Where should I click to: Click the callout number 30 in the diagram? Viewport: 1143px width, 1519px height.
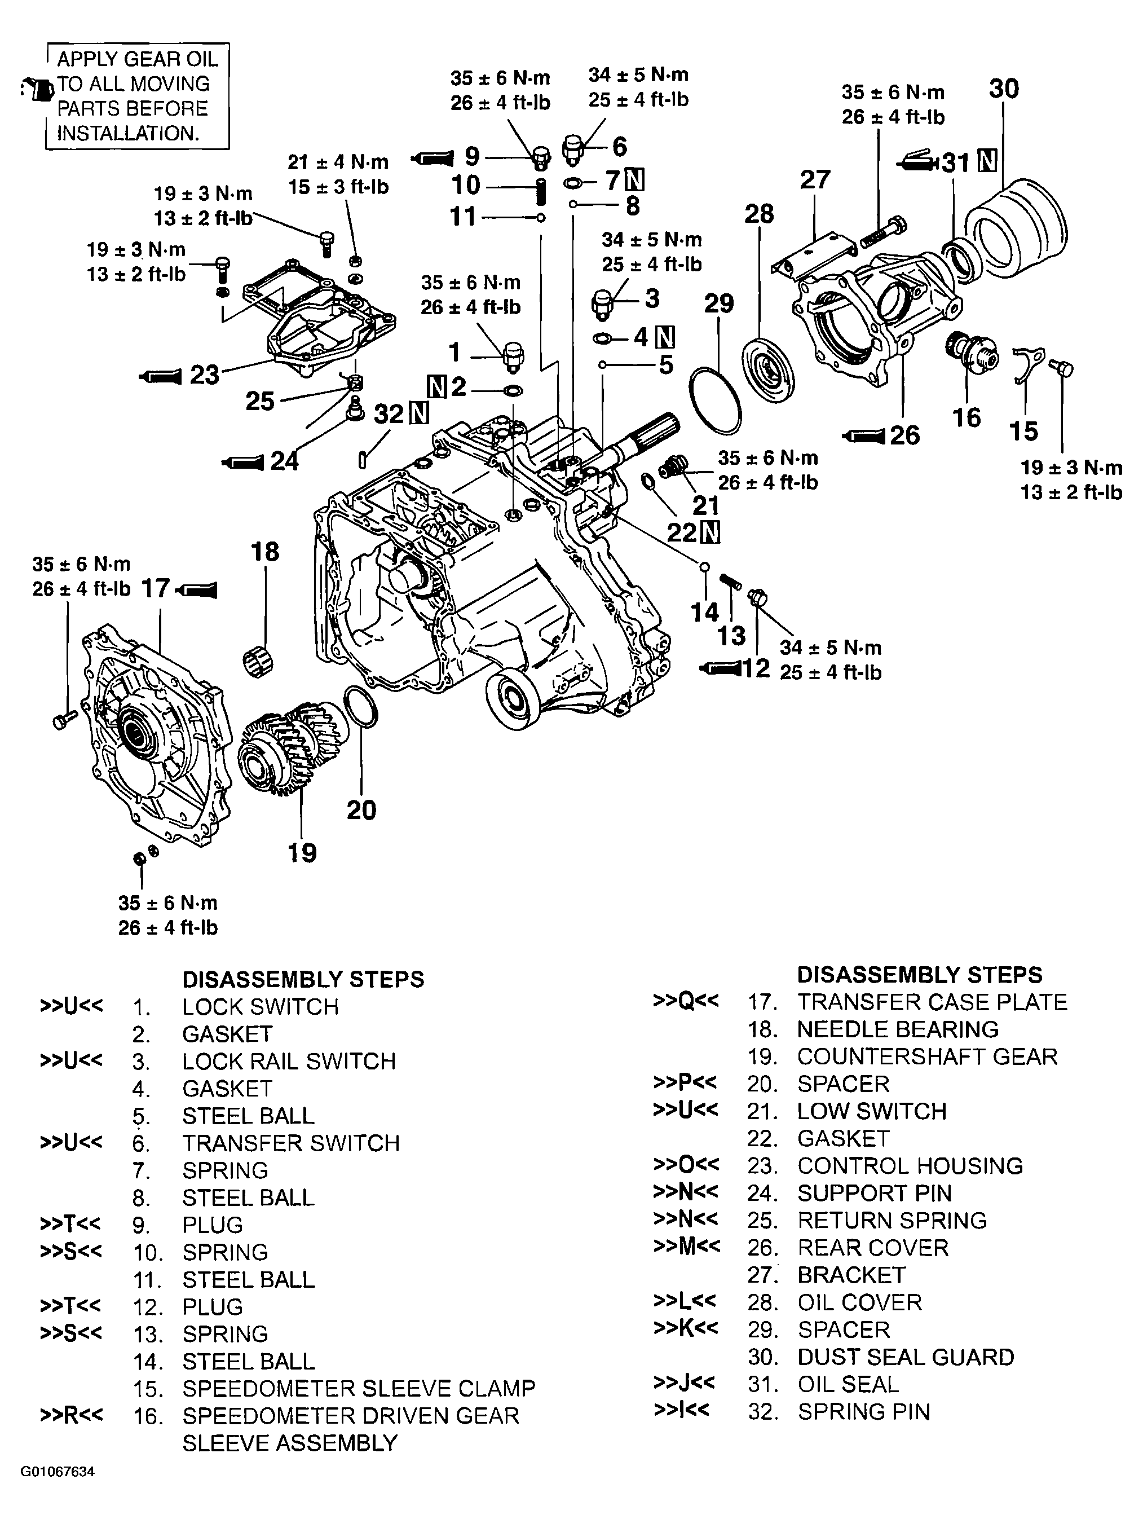(1004, 89)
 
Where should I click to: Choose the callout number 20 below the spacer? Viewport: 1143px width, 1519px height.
(361, 811)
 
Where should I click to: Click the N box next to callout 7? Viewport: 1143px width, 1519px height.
(637, 180)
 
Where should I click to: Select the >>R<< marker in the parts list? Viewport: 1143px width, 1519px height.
(72, 1415)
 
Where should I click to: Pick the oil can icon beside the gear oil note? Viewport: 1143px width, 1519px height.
(38, 89)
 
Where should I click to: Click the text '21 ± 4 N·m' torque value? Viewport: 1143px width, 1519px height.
(338, 162)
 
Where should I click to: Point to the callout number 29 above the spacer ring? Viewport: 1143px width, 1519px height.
(719, 303)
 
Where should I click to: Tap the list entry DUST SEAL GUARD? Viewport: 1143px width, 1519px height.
(906, 1357)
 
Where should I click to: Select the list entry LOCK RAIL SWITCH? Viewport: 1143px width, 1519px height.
(289, 1061)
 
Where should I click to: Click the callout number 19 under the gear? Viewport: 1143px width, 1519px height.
(302, 853)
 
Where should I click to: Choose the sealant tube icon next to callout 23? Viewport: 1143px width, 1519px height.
(160, 376)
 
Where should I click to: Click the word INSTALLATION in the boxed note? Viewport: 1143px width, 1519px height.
(127, 133)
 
